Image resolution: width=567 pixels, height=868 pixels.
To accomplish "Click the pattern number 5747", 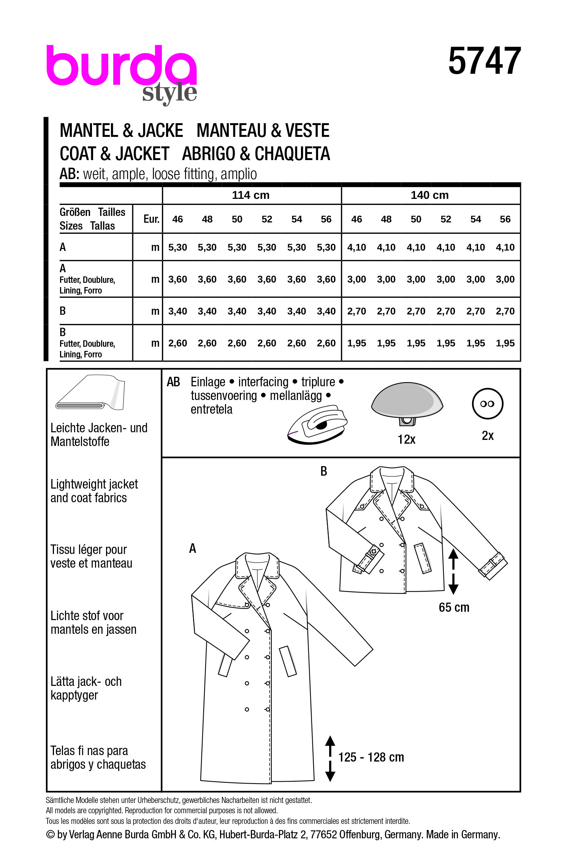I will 484,62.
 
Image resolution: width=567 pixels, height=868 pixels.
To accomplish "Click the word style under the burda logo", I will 169,93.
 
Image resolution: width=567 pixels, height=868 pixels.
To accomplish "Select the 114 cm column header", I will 250,195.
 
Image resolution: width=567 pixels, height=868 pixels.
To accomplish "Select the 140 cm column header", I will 429,195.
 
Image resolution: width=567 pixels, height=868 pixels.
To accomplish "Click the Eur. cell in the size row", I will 151,219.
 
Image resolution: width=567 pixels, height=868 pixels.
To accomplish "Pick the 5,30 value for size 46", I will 177,248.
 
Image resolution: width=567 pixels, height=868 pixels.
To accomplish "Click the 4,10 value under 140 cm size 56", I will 505,248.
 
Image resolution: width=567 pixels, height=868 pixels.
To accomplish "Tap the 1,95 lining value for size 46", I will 356,343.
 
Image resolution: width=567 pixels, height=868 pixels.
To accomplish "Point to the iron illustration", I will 317,425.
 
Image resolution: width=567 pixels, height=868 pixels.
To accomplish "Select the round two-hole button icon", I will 487,404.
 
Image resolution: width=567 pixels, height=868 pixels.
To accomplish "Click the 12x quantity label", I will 406,440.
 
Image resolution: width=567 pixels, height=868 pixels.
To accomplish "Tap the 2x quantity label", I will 488,436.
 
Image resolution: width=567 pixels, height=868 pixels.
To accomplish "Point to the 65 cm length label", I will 454,608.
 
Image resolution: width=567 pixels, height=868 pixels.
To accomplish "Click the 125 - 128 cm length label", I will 371,757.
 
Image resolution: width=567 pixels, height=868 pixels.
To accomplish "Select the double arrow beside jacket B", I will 453,571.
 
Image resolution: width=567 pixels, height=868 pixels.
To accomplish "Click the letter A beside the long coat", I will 193,548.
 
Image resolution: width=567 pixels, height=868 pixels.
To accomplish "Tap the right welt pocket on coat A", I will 288,661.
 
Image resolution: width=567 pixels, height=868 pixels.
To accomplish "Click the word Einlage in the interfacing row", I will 208,382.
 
